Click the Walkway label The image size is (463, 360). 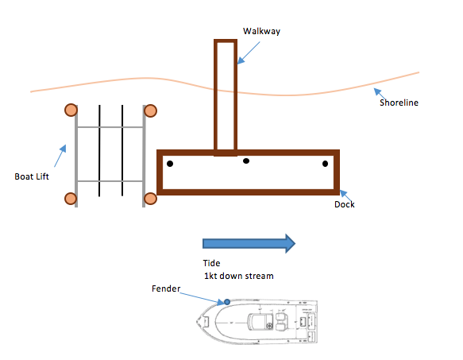coord(261,31)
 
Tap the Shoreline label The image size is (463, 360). coord(399,103)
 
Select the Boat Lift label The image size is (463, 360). coord(32,176)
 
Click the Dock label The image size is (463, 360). coord(345,204)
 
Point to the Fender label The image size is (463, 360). coord(166,288)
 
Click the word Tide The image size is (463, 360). coord(211,263)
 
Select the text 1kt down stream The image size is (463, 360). coord(239,276)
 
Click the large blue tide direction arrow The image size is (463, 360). coord(249,243)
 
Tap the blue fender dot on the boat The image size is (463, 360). coord(227,302)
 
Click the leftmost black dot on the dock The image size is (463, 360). coord(170,164)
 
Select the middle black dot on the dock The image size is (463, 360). coord(246,161)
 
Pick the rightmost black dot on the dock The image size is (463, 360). coord(325,164)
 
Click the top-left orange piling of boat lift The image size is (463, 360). coord(71,110)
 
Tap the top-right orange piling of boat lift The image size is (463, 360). coord(150,110)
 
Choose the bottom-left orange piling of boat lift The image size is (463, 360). coord(71,199)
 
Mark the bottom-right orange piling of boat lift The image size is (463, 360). coord(150,199)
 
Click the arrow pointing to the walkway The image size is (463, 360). coord(249,53)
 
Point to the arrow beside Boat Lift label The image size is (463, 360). coord(60,156)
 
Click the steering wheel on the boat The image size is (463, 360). coord(269,326)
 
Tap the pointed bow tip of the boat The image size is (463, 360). coord(197,321)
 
